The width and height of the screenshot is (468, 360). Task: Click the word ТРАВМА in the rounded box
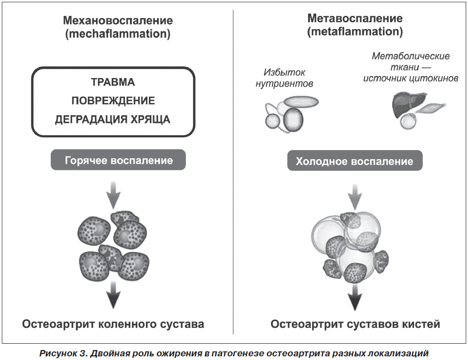(x=113, y=82)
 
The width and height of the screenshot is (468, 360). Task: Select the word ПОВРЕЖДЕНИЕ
(x=113, y=101)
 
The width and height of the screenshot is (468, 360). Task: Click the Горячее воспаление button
(x=118, y=160)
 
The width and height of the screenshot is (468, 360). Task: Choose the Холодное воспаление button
(x=355, y=161)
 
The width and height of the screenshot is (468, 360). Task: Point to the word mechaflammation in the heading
(x=118, y=34)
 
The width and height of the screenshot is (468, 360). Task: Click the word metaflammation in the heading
(x=355, y=31)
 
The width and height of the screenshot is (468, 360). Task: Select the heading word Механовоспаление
(x=118, y=20)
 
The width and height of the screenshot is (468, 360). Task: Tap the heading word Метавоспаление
(x=355, y=18)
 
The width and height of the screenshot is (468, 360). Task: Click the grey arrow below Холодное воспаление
(x=355, y=197)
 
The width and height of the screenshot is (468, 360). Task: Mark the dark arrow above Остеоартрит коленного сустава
(x=113, y=295)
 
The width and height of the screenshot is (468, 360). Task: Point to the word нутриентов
(x=284, y=84)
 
